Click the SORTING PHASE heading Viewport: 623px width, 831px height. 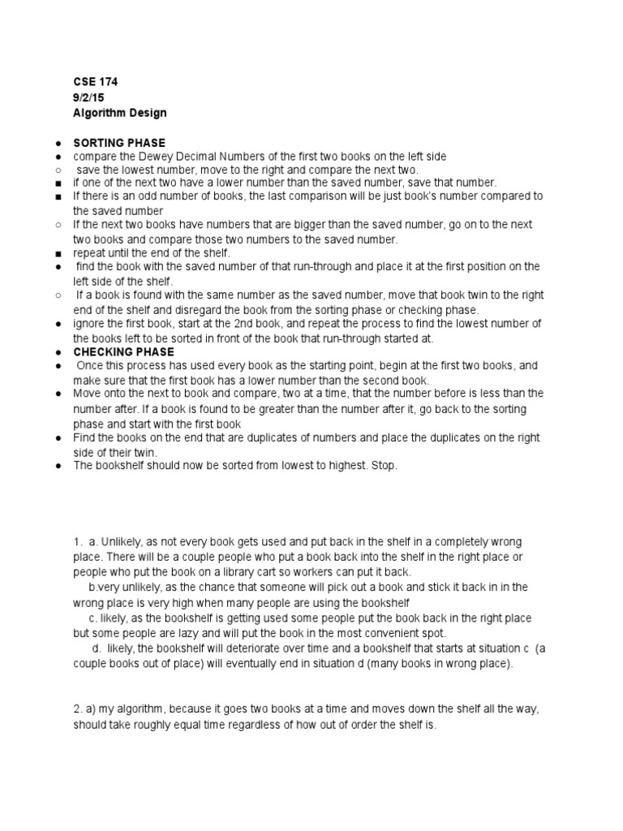[119, 143]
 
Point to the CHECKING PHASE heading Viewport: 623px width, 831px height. [123, 352]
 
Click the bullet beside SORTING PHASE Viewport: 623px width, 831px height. [59, 143]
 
